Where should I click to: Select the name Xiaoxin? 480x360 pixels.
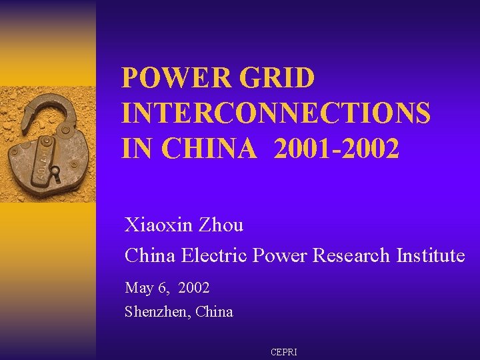click(159, 225)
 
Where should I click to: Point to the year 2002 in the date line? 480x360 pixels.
click(194, 288)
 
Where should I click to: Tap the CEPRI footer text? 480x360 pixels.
click(283, 351)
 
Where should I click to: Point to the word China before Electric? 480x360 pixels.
click(151, 255)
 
